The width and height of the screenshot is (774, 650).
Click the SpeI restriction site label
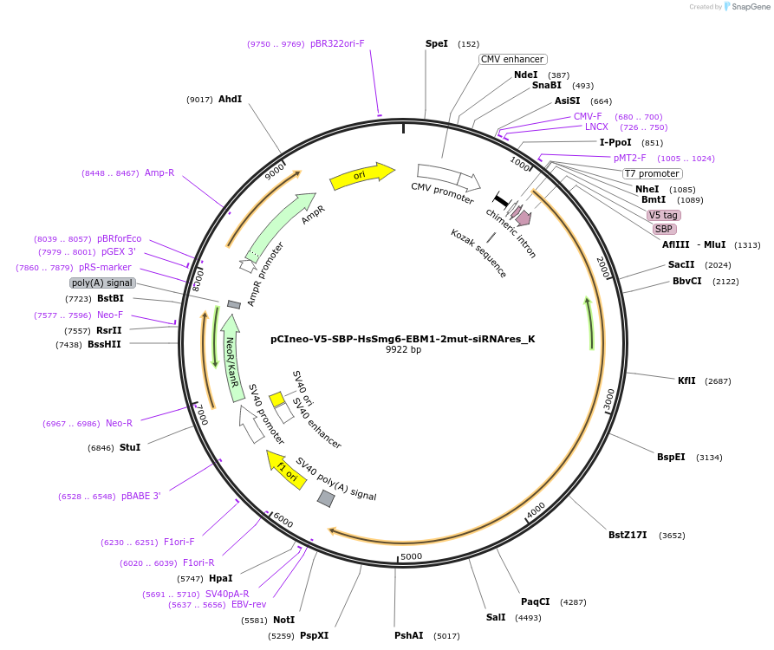437,43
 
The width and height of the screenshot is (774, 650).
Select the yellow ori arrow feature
361,175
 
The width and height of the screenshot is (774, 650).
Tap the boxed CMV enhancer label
512,59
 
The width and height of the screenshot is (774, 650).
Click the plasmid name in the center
402,339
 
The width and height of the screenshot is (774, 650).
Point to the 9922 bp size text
403,350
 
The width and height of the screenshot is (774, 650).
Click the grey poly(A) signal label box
102,283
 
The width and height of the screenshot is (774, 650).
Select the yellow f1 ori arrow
286,469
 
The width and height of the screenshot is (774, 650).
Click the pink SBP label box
664,229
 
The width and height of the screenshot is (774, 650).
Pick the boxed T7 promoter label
652,173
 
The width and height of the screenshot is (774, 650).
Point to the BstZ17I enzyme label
628,535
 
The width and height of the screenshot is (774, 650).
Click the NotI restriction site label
284,620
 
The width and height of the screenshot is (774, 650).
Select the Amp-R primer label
159,172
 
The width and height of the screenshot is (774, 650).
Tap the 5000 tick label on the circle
411,556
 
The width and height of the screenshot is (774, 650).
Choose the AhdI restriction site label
230,99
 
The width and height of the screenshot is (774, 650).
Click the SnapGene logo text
750,7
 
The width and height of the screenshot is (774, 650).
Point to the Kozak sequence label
478,253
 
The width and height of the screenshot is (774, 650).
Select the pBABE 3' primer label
140,496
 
